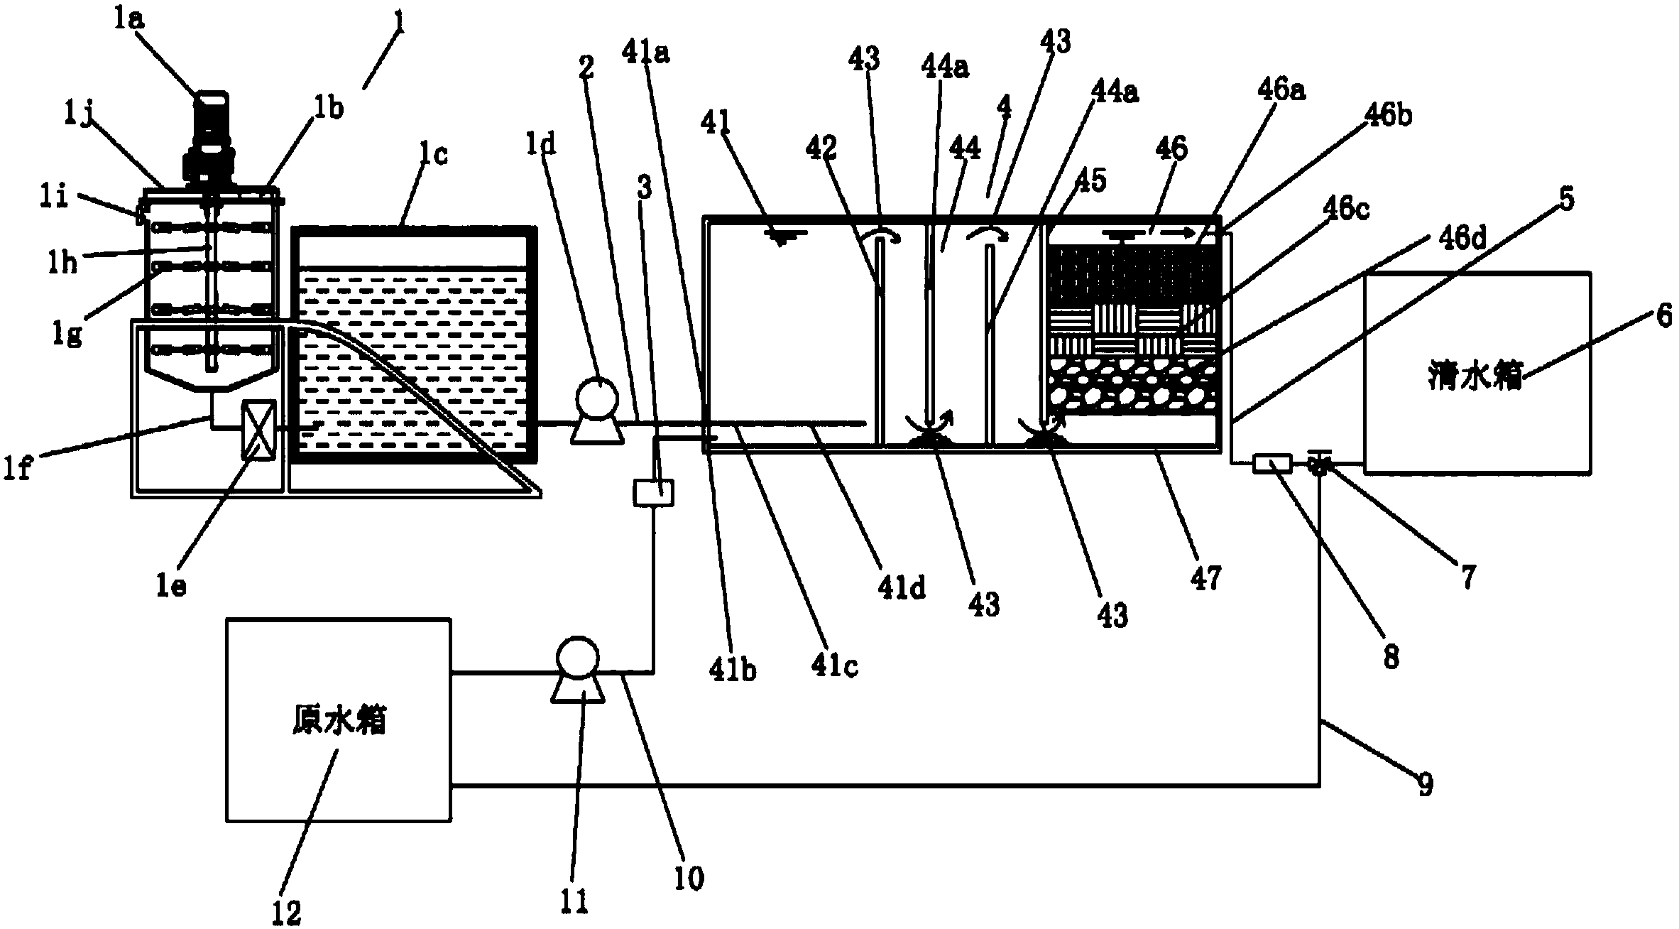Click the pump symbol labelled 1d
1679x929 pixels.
597,412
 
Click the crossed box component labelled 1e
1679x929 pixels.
257,430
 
